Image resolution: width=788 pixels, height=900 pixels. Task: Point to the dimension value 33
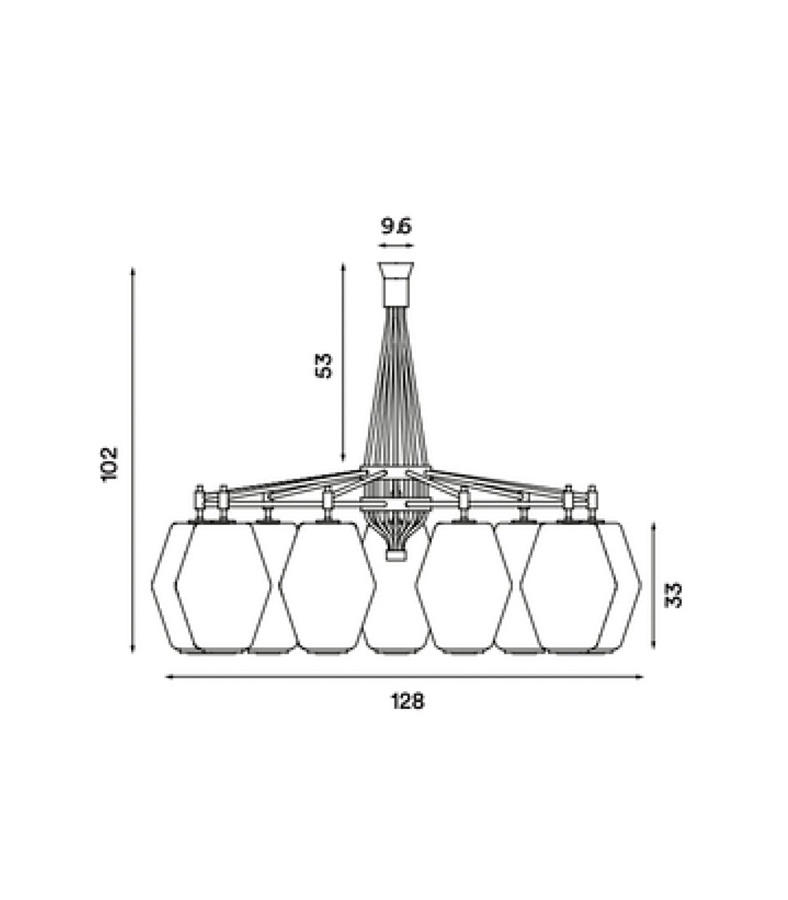tap(673, 595)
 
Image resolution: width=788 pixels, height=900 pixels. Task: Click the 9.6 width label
tap(396, 226)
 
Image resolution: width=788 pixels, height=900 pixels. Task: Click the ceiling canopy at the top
tap(397, 284)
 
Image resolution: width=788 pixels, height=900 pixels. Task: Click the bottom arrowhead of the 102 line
tap(133, 647)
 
